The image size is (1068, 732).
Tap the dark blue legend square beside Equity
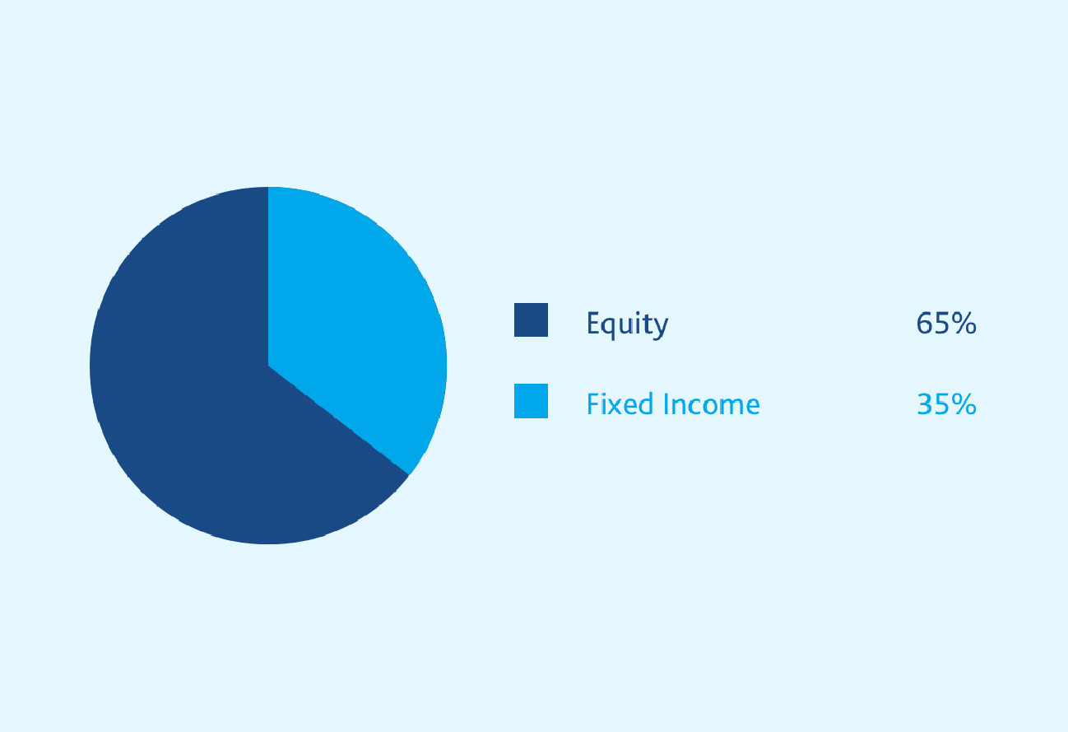pos(532,319)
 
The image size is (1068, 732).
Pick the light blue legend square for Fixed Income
pos(532,401)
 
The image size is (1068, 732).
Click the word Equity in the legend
pos(628,325)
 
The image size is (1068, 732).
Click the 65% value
pos(946,323)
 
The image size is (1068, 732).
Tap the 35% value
pos(946,404)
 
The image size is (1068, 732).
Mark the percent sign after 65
pos(964,323)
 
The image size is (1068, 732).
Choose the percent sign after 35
pos(964,404)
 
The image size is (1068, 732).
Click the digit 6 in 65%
pos(924,323)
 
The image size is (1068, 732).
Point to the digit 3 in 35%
pos(925,404)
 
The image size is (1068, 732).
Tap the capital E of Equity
pos(593,323)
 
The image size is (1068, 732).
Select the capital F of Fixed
pos(593,403)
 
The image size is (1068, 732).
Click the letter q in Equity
pos(611,329)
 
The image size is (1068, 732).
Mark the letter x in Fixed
pos(615,407)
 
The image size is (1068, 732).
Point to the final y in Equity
pos(661,329)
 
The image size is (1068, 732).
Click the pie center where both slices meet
pos(268,366)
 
